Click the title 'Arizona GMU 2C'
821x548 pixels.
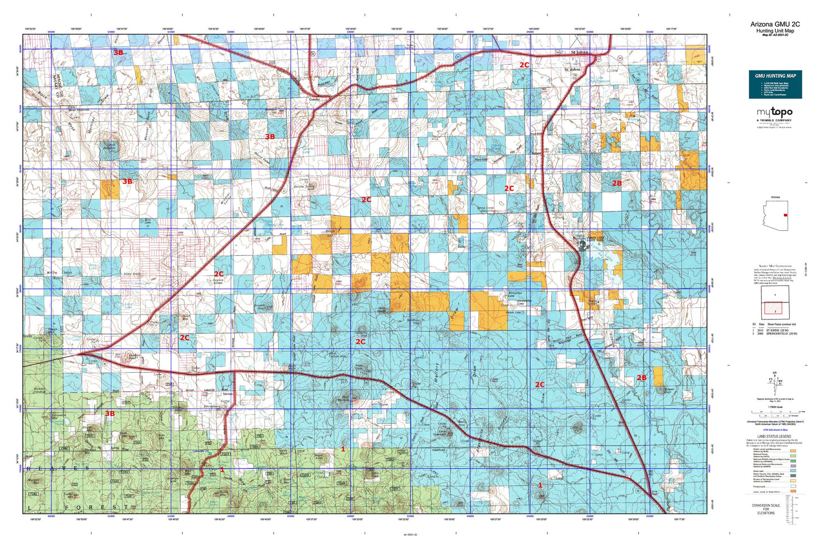pyautogui.click(x=775, y=24)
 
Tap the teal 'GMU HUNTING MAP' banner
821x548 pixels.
pyautogui.click(x=775, y=76)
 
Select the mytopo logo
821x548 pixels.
pyautogui.click(x=774, y=112)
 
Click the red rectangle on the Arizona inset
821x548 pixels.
pyautogui.click(x=785, y=215)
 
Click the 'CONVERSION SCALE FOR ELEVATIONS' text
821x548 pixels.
pyautogui.click(x=766, y=510)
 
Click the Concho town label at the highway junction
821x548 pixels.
pyautogui.click(x=314, y=99)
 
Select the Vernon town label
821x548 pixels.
pyautogui.click(x=228, y=393)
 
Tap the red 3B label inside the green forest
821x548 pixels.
pyautogui.click(x=110, y=414)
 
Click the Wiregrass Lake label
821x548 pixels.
pyautogui.click(x=516, y=293)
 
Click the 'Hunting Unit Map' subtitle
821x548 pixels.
pyautogui.click(x=775, y=31)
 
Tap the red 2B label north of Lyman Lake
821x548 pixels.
pyautogui.click(x=616, y=183)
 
